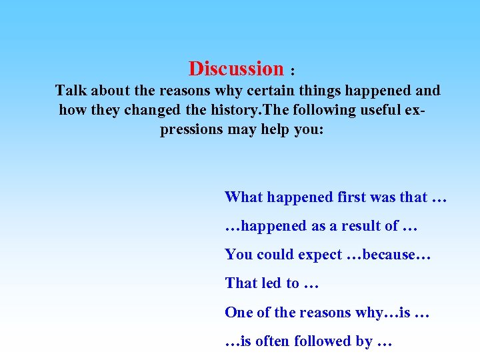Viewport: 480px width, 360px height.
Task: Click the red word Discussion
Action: point(236,69)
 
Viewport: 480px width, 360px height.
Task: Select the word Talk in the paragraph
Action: point(71,90)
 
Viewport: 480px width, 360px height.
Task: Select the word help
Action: point(276,129)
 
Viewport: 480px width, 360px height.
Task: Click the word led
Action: point(271,283)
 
